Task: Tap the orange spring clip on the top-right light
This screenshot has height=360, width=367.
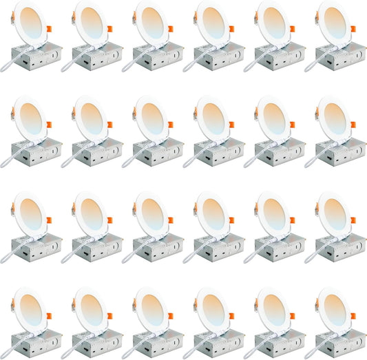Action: tap(353, 29)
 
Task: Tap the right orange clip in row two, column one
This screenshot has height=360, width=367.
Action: tap(48, 125)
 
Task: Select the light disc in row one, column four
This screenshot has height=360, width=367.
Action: tap(211, 23)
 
